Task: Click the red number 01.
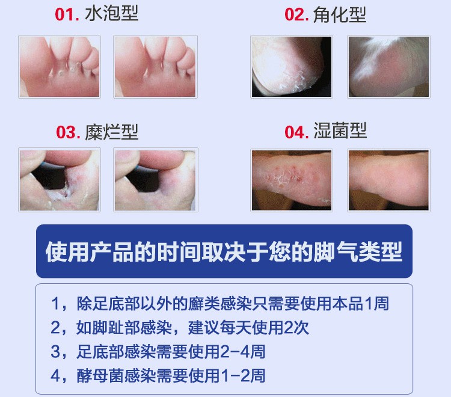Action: point(67,14)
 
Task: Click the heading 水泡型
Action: point(112,13)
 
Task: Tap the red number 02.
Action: point(296,14)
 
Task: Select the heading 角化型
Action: point(339,14)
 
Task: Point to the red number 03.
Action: point(68,132)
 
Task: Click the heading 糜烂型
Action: point(112,132)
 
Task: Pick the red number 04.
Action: point(296,132)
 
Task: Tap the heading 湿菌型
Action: point(340,131)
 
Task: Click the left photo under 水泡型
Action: point(60,67)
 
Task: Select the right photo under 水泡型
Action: point(155,67)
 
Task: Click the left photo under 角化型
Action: point(292,67)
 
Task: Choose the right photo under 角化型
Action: point(388,67)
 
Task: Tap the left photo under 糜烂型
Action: point(60,180)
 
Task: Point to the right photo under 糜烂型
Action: point(156,180)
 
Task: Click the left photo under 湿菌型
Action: point(292,180)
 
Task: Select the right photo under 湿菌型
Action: point(388,180)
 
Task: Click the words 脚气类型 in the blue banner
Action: point(358,251)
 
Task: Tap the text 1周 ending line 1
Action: point(376,304)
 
